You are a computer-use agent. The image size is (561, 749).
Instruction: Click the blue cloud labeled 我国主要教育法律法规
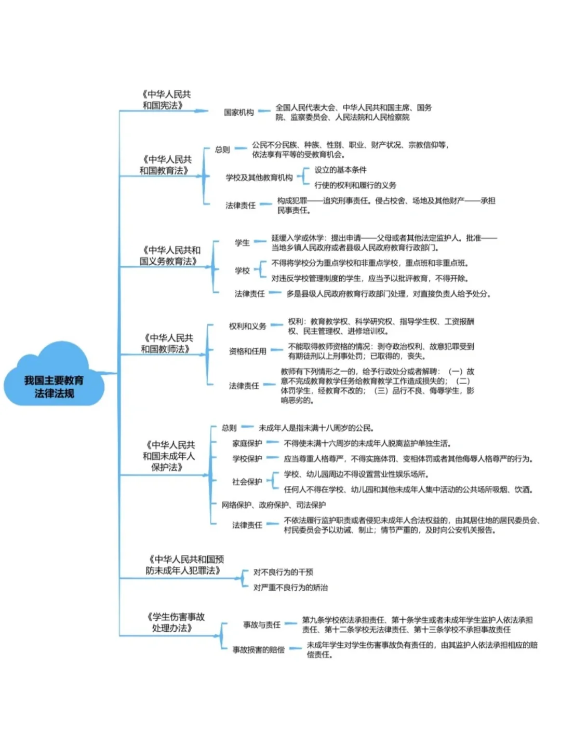[x=54, y=386]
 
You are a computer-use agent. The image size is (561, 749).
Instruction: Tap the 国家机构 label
[x=239, y=112]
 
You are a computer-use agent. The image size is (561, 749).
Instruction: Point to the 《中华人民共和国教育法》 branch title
[x=165, y=165]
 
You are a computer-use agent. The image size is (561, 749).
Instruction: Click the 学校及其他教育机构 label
[x=259, y=178]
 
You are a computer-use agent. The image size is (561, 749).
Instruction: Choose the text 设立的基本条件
[x=340, y=170]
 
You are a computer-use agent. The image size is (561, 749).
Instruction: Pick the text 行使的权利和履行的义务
[x=355, y=185]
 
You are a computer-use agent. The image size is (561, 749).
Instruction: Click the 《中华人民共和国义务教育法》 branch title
[x=169, y=255]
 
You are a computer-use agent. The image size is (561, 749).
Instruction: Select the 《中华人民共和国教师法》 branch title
[x=167, y=343]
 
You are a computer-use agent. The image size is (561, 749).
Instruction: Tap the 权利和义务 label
[x=247, y=326]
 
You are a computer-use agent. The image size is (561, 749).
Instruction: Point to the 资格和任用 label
[x=247, y=351]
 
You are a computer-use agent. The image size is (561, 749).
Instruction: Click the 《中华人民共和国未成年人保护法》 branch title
[x=169, y=456]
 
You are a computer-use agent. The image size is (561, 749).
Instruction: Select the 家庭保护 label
[x=247, y=443]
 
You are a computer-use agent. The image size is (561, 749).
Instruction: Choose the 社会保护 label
[x=247, y=482]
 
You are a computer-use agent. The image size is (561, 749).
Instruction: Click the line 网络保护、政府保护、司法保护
[x=274, y=505]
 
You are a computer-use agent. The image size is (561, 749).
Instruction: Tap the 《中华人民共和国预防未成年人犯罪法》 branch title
[x=184, y=565]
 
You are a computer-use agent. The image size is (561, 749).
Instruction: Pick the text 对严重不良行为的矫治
[x=290, y=588]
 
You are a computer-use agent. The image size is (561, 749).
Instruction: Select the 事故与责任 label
[x=262, y=624]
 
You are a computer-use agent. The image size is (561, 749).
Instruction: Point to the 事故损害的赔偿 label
[x=258, y=650]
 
